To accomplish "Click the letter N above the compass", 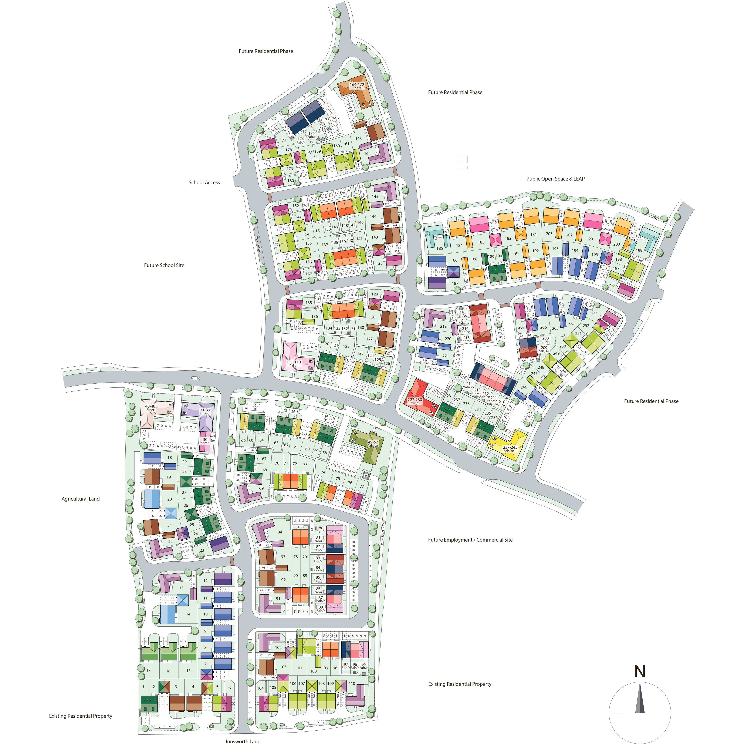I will point(640,671).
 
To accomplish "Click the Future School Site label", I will point(164,265).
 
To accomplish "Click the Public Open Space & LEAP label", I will point(555,179).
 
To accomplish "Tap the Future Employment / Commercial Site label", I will point(470,540).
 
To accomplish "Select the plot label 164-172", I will point(357,84).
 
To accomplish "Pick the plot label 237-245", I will point(510,447).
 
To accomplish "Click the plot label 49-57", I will point(373,442).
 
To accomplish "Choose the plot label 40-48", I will point(150,406).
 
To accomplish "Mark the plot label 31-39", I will point(205,410).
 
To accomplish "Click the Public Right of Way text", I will point(383,532).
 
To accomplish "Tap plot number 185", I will point(439,249).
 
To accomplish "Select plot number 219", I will point(443,326).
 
